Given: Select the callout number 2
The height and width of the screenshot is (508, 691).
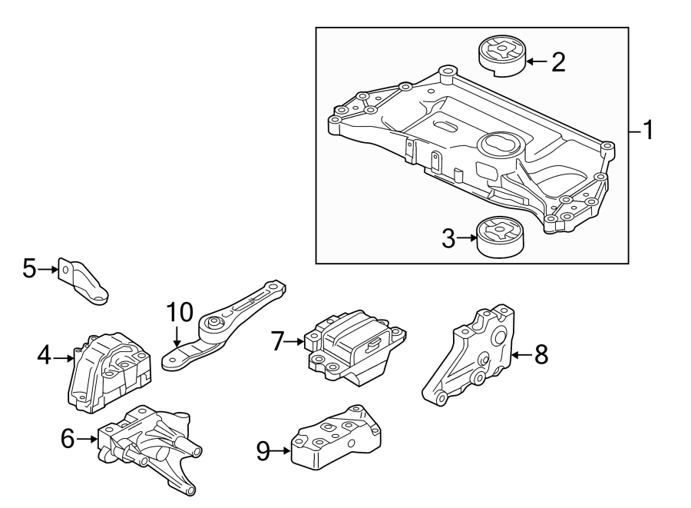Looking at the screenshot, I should [x=558, y=61].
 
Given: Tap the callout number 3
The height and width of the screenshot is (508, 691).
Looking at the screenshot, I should [x=449, y=238].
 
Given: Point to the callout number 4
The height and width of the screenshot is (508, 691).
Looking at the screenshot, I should [x=45, y=355].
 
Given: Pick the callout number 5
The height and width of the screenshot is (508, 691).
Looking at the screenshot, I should [x=29, y=268].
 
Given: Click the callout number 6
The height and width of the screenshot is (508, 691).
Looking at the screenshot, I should [x=68, y=439].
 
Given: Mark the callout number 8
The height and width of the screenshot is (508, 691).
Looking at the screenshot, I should [x=541, y=354].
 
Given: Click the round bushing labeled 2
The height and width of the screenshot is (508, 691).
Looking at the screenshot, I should [x=501, y=56].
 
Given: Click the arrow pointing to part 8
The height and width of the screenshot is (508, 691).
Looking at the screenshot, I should [x=521, y=354].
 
